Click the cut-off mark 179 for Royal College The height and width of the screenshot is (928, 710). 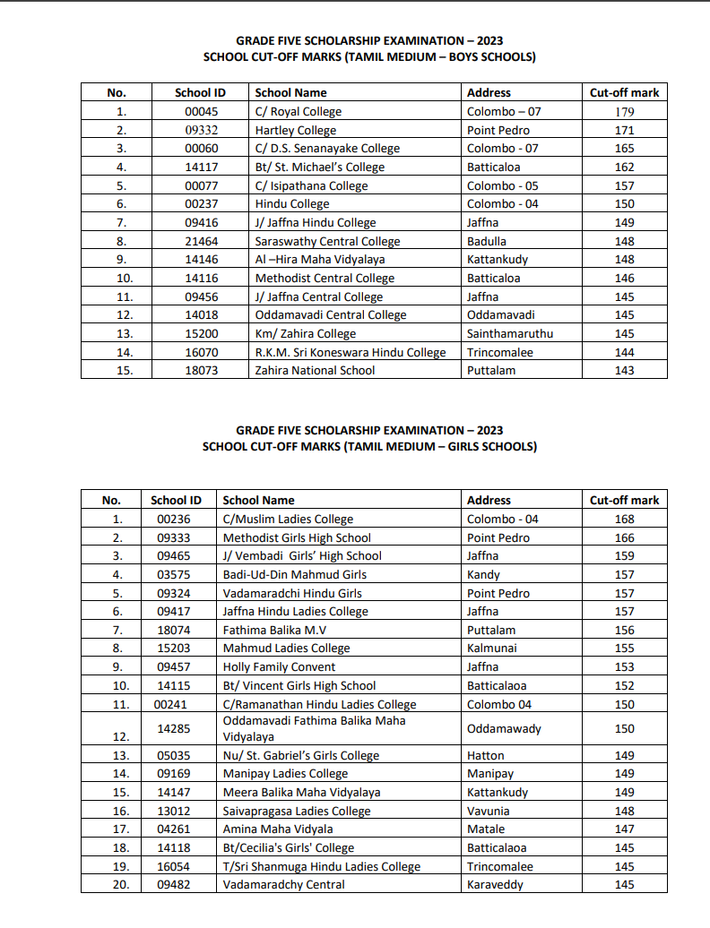[x=625, y=112]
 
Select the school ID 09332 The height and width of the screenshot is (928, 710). [x=202, y=131]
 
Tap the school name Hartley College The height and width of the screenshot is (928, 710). [x=296, y=131]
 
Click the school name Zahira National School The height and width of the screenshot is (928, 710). [x=315, y=371]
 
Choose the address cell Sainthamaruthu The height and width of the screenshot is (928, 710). [x=510, y=334]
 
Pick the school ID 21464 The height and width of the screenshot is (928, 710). [x=202, y=242]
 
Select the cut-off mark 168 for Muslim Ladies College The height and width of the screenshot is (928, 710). [x=625, y=520]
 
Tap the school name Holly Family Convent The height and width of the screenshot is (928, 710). [x=279, y=667]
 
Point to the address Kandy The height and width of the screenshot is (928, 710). [x=483, y=575]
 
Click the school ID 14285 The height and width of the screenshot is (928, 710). [x=173, y=729]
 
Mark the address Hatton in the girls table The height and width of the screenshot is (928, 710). [x=486, y=756]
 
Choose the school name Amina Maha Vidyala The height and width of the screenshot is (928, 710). [x=278, y=829]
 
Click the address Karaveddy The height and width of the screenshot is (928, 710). [x=495, y=885]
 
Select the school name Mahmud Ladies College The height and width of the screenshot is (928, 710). [x=286, y=649]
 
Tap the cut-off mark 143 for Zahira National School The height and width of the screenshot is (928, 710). [x=625, y=371]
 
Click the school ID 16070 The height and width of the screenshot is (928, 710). [x=202, y=353]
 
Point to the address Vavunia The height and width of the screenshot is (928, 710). [x=489, y=812]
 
